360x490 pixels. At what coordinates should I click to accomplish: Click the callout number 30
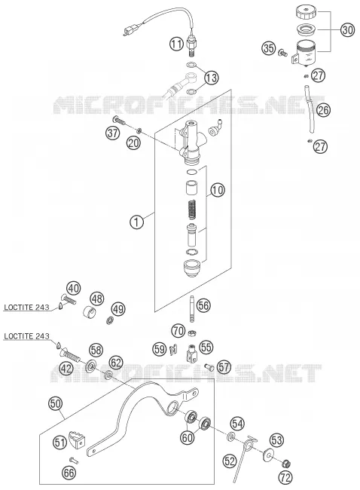pyautogui.click(x=347, y=30)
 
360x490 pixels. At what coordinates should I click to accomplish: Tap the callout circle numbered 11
pyautogui.click(x=177, y=44)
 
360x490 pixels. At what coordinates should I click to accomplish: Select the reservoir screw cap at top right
pyautogui.click(x=306, y=12)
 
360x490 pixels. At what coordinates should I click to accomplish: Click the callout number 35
pyautogui.click(x=269, y=49)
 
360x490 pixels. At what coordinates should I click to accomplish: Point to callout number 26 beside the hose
pyautogui.click(x=323, y=110)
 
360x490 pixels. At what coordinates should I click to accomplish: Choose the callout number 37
pyautogui.click(x=112, y=133)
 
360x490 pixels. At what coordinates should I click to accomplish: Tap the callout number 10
pyautogui.click(x=218, y=190)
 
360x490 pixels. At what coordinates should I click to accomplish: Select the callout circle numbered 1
pyautogui.click(x=137, y=222)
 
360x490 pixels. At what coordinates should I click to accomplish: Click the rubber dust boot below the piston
pyautogui.click(x=191, y=268)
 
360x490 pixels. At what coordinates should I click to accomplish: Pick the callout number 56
pyautogui.click(x=203, y=305)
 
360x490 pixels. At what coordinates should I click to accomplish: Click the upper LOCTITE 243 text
pyautogui.click(x=26, y=308)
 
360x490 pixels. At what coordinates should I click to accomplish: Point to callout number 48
pyautogui.click(x=97, y=299)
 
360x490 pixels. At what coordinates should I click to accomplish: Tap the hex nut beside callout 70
pyautogui.click(x=192, y=333)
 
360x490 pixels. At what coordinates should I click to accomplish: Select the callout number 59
pyautogui.click(x=160, y=349)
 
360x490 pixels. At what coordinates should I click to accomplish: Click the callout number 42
pyautogui.click(x=66, y=369)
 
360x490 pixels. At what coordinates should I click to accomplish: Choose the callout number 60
pyautogui.click(x=188, y=438)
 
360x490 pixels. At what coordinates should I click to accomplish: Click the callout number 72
pyautogui.click(x=285, y=477)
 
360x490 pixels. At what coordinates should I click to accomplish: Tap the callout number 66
pyautogui.click(x=69, y=473)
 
